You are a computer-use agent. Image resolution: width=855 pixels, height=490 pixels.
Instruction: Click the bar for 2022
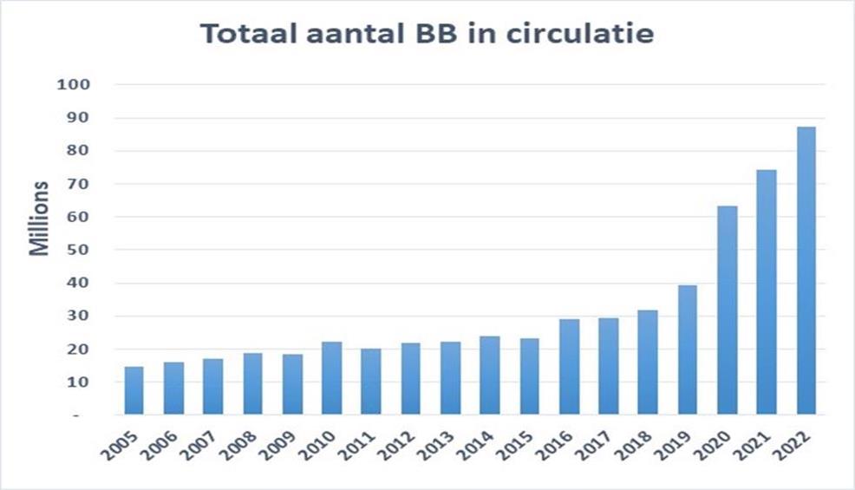(806, 271)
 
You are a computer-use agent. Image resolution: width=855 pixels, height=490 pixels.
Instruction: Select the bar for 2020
(727, 310)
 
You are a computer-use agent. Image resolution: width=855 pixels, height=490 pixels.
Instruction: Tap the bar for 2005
(134, 390)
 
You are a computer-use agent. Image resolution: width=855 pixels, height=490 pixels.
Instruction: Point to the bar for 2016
(569, 367)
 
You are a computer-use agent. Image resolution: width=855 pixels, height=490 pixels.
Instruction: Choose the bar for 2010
(331, 378)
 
